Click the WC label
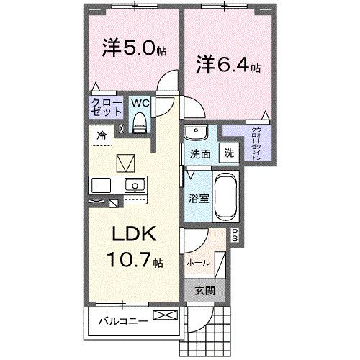140,103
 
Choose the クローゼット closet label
106,108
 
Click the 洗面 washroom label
199,153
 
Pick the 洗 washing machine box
228,153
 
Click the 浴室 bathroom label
199,197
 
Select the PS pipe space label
234,233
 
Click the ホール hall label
199,262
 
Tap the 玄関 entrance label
204,291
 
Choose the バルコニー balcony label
122,321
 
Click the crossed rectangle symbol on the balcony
163,315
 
